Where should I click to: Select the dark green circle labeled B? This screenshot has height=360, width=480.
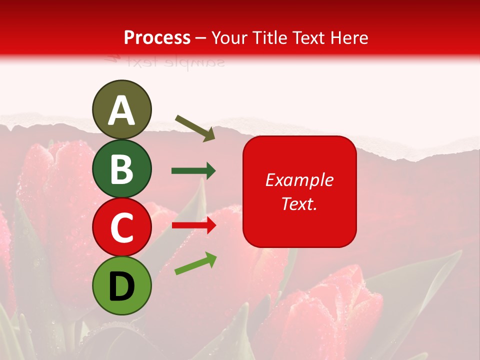pyautogui.click(x=121, y=169)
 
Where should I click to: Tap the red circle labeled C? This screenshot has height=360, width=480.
pyautogui.click(x=121, y=227)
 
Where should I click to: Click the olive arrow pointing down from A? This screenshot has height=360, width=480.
pyautogui.click(x=195, y=127)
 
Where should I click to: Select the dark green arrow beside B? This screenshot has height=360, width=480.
pyautogui.click(x=193, y=171)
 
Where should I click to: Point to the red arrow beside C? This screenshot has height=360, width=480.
pyautogui.click(x=193, y=225)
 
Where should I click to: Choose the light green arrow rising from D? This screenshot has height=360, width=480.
pyautogui.click(x=195, y=263)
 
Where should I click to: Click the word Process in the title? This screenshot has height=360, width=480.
pyautogui.click(x=157, y=38)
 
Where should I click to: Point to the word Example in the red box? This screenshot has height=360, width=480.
pyautogui.click(x=299, y=180)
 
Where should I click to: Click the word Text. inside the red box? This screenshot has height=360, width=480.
pyautogui.click(x=299, y=203)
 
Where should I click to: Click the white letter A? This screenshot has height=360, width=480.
pyautogui.click(x=121, y=111)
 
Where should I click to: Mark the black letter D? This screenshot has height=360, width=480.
pyautogui.click(x=121, y=287)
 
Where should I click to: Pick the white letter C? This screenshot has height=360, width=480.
pyautogui.click(x=121, y=227)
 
